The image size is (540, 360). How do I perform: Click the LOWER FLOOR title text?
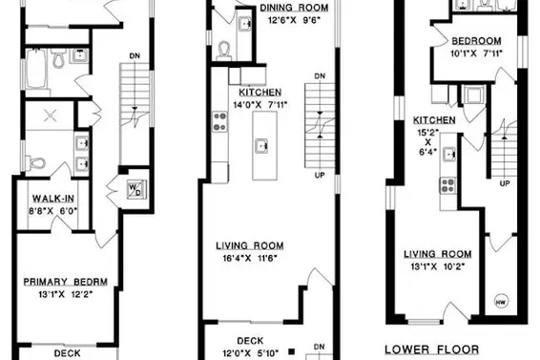pos(431,349)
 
